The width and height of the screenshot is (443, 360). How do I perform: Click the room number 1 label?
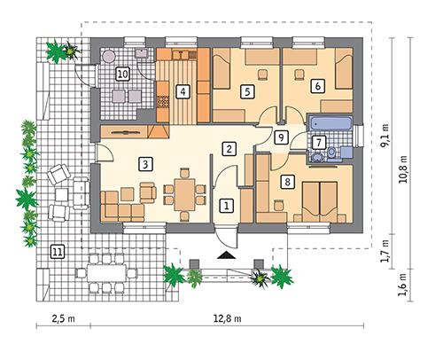coord(226,206)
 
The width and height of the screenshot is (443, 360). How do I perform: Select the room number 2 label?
coord(228,149)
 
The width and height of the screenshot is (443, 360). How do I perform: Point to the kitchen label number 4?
coord(182,90)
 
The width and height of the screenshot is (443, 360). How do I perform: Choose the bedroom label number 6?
coord(316,86)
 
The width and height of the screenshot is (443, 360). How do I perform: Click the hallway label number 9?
coord(281,137)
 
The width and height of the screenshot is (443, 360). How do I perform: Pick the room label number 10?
coord(122,73)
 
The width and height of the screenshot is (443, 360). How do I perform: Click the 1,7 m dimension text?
coord(385,251)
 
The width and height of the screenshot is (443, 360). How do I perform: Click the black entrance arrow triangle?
coord(229,256)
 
